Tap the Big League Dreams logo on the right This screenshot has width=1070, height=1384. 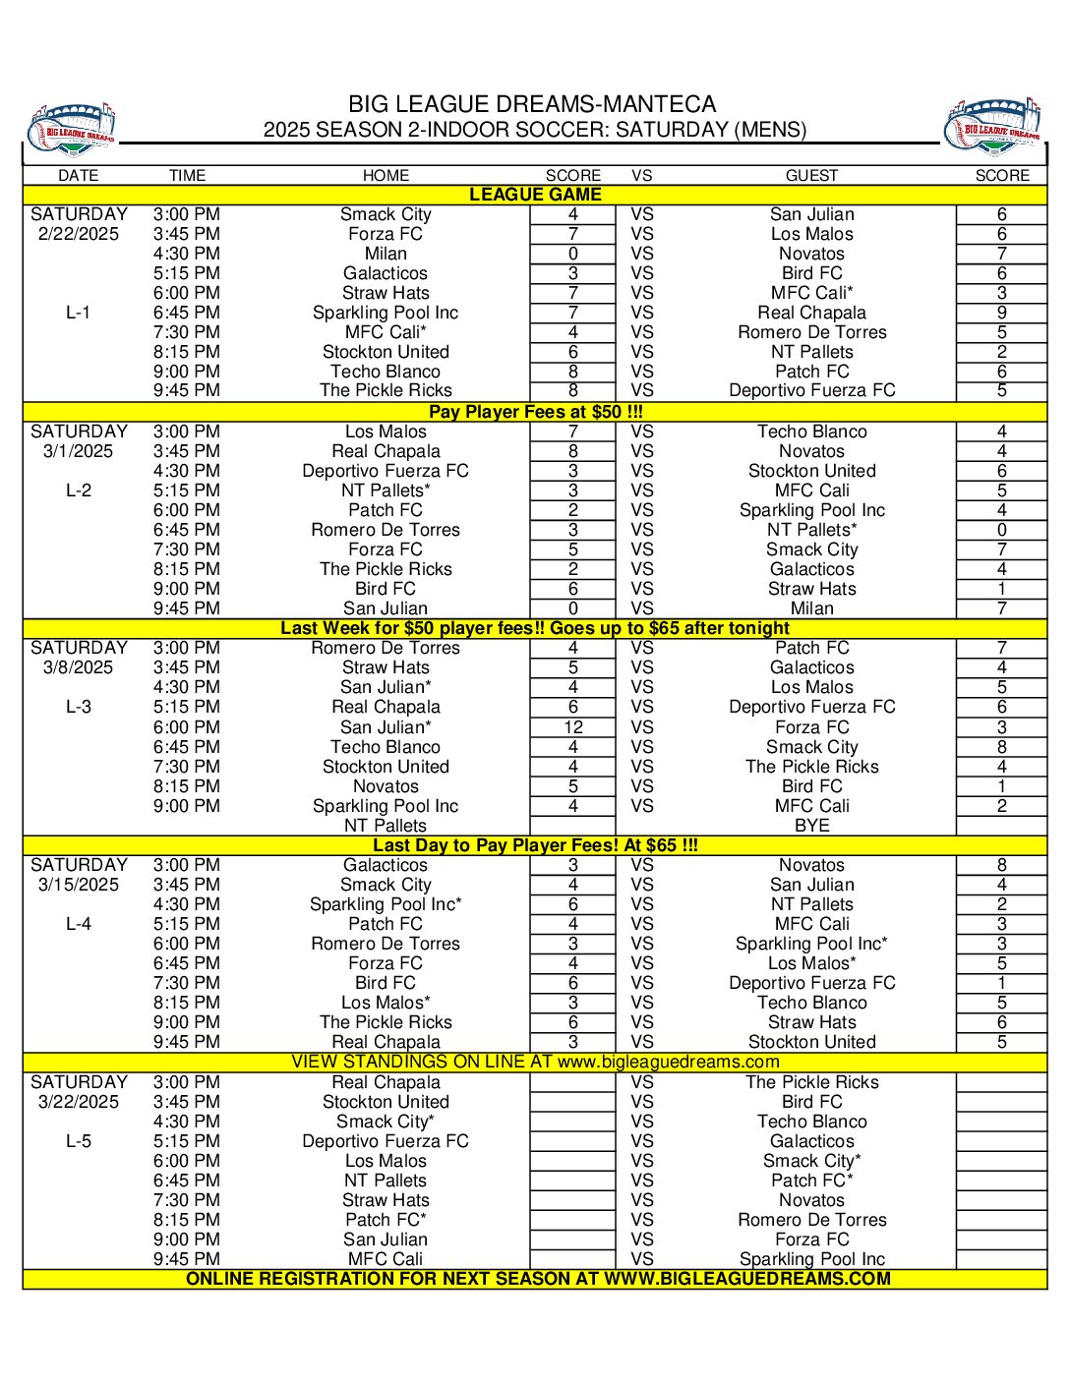click(x=994, y=126)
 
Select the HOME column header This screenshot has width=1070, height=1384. click(x=386, y=176)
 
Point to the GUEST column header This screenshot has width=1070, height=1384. click(x=811, y=176)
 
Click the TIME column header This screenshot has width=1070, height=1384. click(x=187, y=176)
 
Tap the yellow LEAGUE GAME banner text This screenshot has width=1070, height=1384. click(x=535, y=195)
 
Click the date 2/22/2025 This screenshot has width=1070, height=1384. click(x=79, y=234)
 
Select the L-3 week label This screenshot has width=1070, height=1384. click(x=79, y=707)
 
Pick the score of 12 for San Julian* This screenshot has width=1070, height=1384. click(x=573, y=727)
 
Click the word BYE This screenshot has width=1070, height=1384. click(x=811, y=826)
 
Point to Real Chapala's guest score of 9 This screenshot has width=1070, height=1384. click(x=1001, y=313)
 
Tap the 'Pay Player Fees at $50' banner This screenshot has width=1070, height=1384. click(x=535, y=412)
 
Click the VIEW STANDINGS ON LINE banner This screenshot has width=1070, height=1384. click(x=535, y=1062)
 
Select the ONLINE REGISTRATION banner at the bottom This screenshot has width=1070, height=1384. click(x=538, y=1279)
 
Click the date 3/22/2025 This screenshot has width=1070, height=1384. click(x=79, y=1102)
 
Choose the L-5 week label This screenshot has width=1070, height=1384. click(x=79, y=1141)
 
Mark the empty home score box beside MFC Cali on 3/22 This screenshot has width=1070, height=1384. click(x=573, y=1259)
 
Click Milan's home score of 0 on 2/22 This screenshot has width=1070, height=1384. click(x=573, y=254)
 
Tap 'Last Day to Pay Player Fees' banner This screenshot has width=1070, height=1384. click(x=535, y=845)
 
